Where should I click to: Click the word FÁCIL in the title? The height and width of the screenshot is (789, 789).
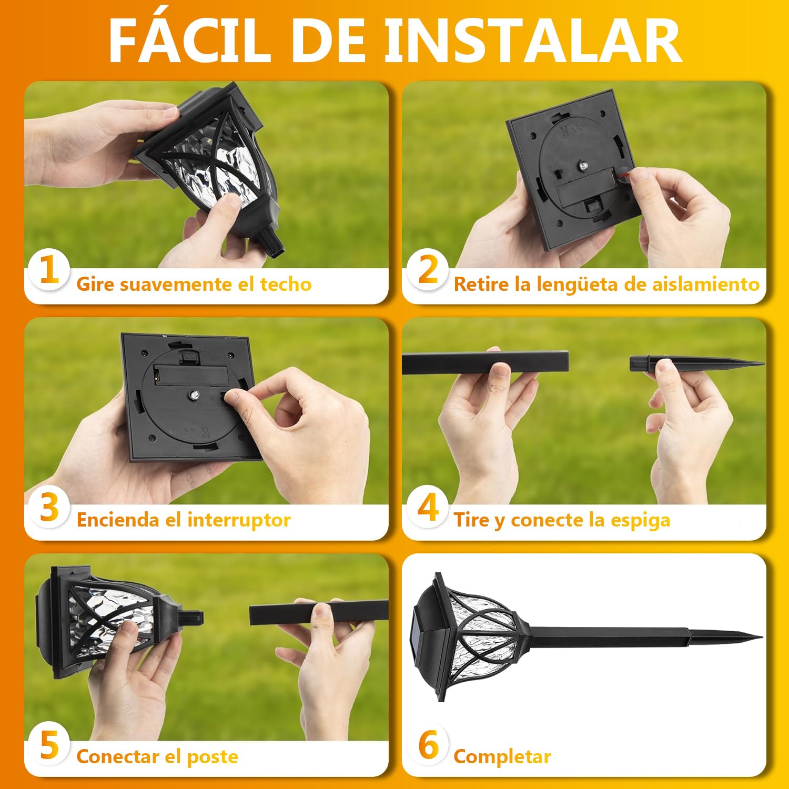(190, 40)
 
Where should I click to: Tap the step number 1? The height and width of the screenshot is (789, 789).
(49, 270)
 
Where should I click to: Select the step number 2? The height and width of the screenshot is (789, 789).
(428, 270)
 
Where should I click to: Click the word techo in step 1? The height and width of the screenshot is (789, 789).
(286, 284)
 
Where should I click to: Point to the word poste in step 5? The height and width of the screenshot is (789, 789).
(213, 757)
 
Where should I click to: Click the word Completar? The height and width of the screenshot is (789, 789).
(502, 757)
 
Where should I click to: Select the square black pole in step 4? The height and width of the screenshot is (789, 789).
(485, 363)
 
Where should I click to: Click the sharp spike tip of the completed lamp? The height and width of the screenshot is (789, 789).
(761, 638)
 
